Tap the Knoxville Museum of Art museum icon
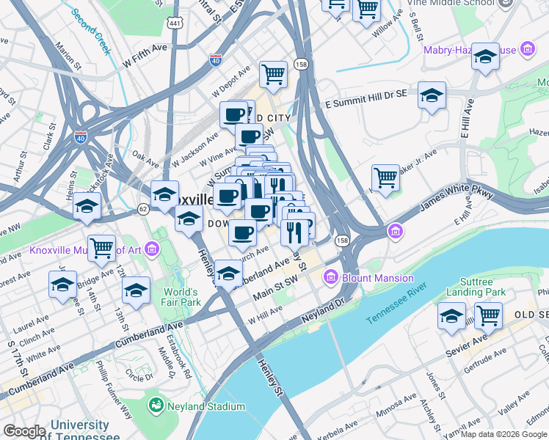pyautogui.click(x=152, y=250)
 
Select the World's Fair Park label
pyautogui.click(x=181, y=296)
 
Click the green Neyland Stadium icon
pyautogui.click(x=156, y=406)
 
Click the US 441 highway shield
pyautogui.click(x=174, y=22)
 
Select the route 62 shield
pyautogui.click(x=142, y=209)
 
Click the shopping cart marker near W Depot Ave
pyautogui.click(x=273, y=73)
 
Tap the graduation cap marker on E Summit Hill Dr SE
pyautogui.click(x=432, y=95)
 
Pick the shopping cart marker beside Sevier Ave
pyautogui.click(x=488, y=315)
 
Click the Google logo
pyautogui.click(x=23, y=431)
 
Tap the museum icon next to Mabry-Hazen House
pyautogui.click(x=526, y=50)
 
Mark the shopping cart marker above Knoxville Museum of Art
pyautogui.click(x=101, y=248)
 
